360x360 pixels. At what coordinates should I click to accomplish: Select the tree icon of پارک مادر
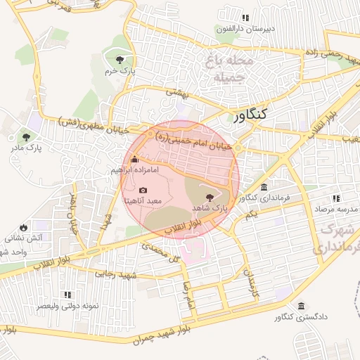coord(26,137)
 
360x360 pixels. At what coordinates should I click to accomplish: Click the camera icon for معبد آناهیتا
coord(143,190)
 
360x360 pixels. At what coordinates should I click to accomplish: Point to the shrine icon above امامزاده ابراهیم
coord(135,160)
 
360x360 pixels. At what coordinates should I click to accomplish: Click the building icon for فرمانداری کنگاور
coord(264,188)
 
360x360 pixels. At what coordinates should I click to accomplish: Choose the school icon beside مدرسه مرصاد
coord(336,199)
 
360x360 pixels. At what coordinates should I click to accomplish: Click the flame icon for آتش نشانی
coord(24,227)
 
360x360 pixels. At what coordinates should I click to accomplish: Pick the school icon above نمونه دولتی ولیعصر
coord(67,295)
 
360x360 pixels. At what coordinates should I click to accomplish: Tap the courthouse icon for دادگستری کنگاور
coord(302,306)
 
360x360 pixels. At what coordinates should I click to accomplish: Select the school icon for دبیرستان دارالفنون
coord(245,18)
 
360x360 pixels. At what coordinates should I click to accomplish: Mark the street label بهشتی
coord(178,91)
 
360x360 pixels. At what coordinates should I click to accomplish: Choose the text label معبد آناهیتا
coord(143,201)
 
